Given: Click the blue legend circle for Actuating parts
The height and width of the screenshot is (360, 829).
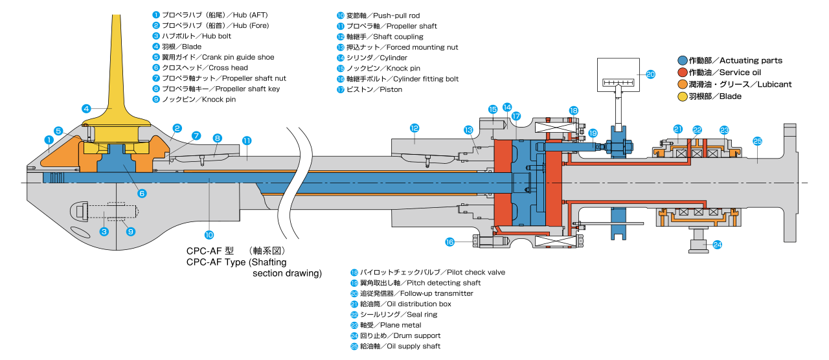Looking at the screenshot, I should pyautogui.click(x=683, y=60).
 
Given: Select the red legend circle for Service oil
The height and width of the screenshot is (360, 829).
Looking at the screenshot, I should pyautogui.click(x=683, y=72).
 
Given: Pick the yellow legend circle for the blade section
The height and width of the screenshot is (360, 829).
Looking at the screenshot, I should pyautogui.click(x=683, y=96).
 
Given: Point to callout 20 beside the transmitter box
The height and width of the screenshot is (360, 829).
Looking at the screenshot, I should pyautogui.click(x=651, y=74).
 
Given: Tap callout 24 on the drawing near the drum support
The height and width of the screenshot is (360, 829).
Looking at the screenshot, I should pyautogui.click(x=717, y=244).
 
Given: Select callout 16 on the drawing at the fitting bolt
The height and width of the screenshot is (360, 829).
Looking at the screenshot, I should pyautogui.click(x=451, y=242).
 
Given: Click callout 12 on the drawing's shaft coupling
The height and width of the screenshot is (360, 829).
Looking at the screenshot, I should pyautogui.click(x=414, y=128).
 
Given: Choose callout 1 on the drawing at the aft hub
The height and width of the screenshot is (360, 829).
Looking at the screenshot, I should pyautogui.click(x=48, y=139).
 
